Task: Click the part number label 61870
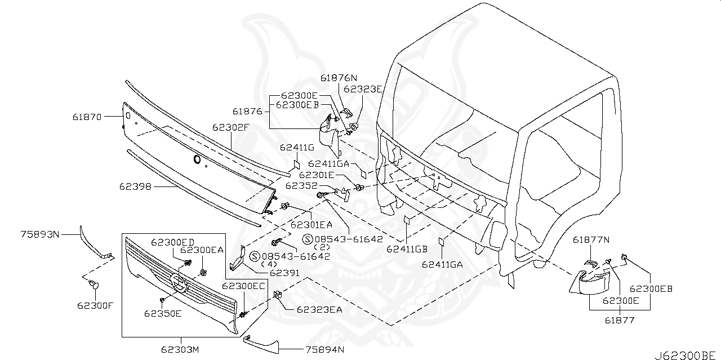coord(87,117)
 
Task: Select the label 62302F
coord(230,127)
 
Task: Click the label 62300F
coord(95,306)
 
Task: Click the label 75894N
coord(324,350)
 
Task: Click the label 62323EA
coord(320,309)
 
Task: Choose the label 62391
coord(284,273)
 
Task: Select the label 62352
coord(302,185)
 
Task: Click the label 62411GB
coord(407,248)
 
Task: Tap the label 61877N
coord(591,240)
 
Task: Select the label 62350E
coord(162,314)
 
